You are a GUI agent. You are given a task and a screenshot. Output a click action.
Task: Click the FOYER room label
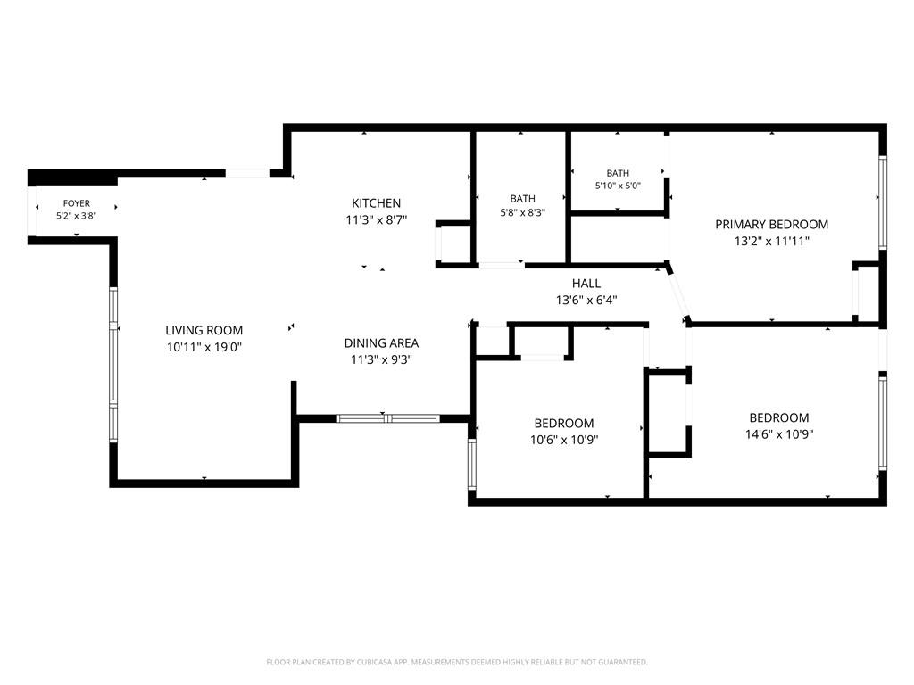coord(77,203)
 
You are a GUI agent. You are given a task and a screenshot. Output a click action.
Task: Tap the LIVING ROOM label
coord(204,330)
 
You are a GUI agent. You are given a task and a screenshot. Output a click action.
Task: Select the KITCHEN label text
coord(376,203)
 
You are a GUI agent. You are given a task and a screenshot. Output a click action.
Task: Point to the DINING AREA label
coord(381,343)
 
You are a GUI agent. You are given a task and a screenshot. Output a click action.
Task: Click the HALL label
coord(586,284)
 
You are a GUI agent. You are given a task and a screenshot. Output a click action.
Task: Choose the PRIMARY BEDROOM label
coord(772,224)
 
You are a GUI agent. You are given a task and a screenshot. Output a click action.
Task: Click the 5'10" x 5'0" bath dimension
coord(618,186)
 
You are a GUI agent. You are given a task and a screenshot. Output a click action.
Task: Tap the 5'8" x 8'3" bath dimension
coord(522,212)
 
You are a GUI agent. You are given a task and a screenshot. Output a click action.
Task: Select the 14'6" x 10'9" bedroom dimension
coord(778,434)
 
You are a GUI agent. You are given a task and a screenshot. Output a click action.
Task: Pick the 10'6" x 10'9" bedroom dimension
coord(564,440)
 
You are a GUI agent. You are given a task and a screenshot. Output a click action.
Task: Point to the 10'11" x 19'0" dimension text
coord(204,347)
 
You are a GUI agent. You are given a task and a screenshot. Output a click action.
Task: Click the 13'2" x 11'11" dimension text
coord(772,241)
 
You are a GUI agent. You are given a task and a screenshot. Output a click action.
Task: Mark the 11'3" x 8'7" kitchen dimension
coord(376,220)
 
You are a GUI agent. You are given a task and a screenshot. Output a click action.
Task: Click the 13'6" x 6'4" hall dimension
coord(586,301)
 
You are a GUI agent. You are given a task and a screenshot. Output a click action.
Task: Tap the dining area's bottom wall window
coord(387,418)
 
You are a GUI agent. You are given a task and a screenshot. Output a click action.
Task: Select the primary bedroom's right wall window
coord(883,202)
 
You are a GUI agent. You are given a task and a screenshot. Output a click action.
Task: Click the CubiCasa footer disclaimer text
coord(457,662)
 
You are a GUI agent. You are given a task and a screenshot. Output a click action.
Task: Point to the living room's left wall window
coord(113,365)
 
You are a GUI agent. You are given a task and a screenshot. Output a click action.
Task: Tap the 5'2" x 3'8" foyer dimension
coord(77,216)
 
